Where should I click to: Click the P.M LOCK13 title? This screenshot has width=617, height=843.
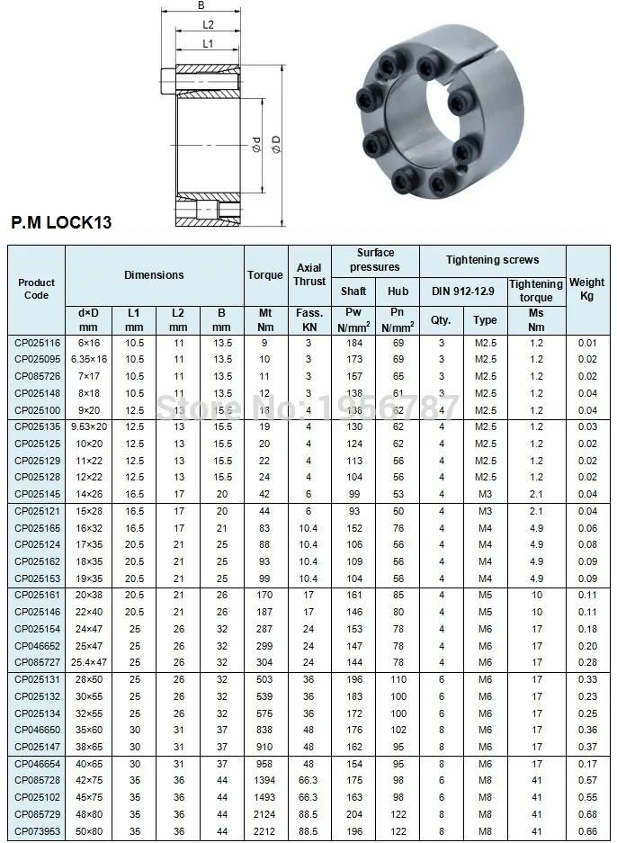click(x=60, y=221)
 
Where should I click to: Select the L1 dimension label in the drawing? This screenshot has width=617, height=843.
click(x=207, y=42)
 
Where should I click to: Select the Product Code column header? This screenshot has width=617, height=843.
click(x=36, y=289)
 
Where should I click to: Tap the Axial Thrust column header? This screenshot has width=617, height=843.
click(x=309, y=275)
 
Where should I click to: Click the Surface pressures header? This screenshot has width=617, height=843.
click(x=375, y=260)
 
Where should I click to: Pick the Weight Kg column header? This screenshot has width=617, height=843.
click(x=586, y=289)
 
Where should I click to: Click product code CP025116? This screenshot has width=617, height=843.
click(x=36, y=344)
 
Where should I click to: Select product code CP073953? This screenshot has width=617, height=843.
click(x=36, y=830)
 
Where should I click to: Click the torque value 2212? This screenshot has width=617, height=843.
click(x=264, y=830)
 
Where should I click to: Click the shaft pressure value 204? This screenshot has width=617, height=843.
click(x=353, y=814)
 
